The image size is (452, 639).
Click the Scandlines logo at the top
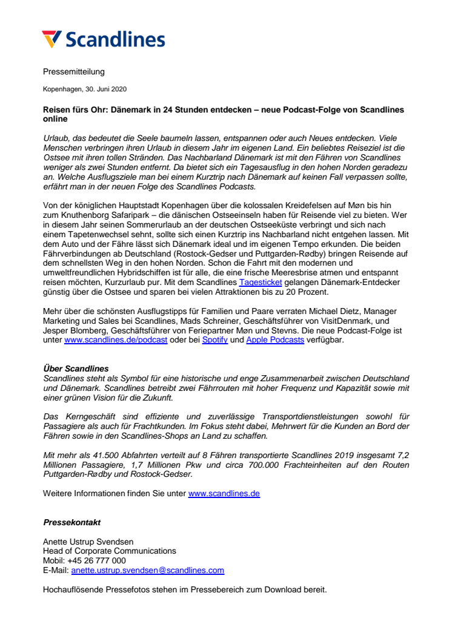pos(104,39)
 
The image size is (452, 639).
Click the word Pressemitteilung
pos(74,72)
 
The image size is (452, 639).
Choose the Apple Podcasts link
pos(275,341)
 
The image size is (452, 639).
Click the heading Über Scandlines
pos(76,369)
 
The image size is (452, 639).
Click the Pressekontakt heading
pos(72,522)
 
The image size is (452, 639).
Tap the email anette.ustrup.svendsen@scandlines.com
pos(147,570)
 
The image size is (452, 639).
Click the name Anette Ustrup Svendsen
pos(88,542)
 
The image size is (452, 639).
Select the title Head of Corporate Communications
pos(110,551)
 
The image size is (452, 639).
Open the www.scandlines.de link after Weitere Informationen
pos(224,494)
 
